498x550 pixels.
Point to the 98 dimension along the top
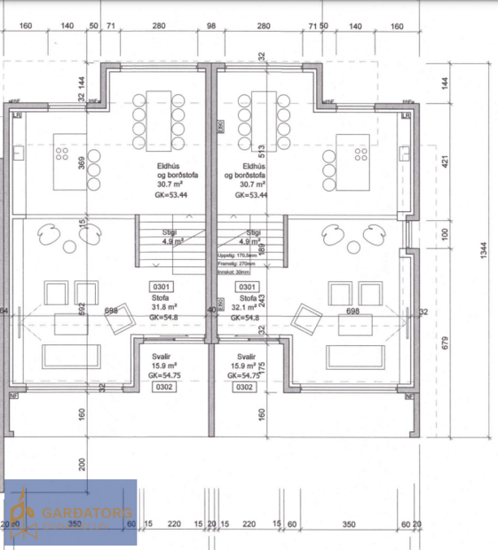(210, 27)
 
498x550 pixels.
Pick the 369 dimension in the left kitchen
(83, 163)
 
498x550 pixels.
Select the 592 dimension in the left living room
(83, 309)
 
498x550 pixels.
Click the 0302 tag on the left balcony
(162, 387)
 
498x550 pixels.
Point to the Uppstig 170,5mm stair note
(240, 255)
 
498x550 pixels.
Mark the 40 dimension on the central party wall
(211, 310)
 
